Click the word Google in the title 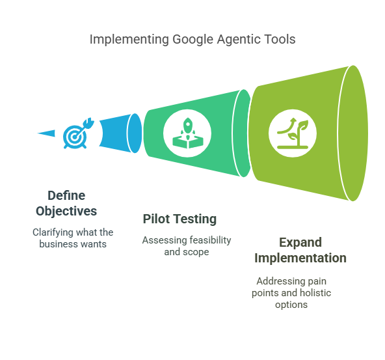click(192, 40)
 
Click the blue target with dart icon click(78, 133)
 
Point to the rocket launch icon click(188, 133)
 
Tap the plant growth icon click(293, 133)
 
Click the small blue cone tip click(46, 133)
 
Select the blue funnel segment click(120, 133)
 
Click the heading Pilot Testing click(179, 219)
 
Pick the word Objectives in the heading click(66, 212)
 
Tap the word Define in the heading click(66, 195)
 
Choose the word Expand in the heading click(300, 243)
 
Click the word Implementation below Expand click(300, 258)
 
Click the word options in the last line click(291, 305)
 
